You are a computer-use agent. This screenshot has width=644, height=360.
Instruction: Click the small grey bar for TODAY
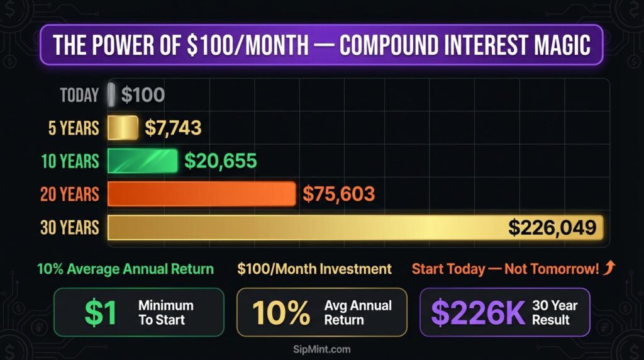[x=111, y=95]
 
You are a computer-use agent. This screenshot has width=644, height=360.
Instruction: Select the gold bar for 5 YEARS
[x=123, y=128]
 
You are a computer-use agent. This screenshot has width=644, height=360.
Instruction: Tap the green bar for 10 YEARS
[x=142, y=160]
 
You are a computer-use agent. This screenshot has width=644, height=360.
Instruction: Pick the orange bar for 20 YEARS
[x=201, y=193]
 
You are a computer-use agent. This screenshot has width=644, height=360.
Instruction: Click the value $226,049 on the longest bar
[x=552, y=227]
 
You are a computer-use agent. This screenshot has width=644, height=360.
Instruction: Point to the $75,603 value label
[x=338, y=194]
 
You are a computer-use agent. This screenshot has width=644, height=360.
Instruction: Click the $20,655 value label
[x=220, y=160]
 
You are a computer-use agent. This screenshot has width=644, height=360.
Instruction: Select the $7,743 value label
[x=173, y=128]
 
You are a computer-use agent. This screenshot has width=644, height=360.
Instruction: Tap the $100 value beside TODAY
[x=143, y=96]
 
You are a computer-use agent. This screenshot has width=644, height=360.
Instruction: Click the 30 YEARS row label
[x=70, y=227]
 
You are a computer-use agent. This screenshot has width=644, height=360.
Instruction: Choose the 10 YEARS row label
[x=70, y=161]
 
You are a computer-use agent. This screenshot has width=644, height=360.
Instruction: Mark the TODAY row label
[x=79, y=96]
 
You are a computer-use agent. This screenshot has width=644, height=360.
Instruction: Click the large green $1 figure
[x=100, y=313]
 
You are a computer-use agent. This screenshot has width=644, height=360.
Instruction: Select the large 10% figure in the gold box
[x=281, y=313]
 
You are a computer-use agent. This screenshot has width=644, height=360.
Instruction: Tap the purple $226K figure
[x=479, y=313]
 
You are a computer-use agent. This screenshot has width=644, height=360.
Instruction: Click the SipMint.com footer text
[x=322, y=349]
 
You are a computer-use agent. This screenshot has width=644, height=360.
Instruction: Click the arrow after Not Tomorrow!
[x=609, y=269]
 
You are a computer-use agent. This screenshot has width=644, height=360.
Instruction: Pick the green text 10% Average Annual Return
[x=125, y=269]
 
